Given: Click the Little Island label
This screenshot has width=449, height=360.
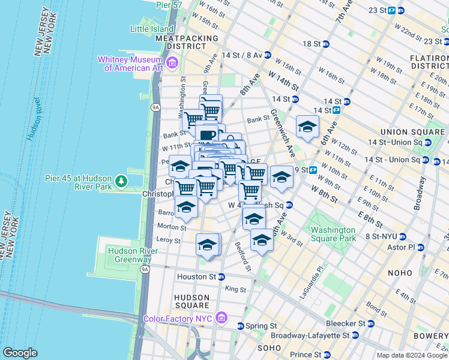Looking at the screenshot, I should click(151, 28).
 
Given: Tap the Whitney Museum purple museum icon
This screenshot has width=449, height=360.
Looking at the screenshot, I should click(172, 62).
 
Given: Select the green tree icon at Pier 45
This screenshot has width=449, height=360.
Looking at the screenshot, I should click(121, 181).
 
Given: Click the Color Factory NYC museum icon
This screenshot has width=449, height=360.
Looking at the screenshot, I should click(221, 317).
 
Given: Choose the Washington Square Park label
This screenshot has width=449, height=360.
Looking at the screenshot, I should click(331, 235).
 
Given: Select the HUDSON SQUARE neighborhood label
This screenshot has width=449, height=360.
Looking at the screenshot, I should click(192, 302).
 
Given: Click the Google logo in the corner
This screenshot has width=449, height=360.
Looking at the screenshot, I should click(20, 353).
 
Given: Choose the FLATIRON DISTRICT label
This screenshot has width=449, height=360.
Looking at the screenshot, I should click(427, 61).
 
